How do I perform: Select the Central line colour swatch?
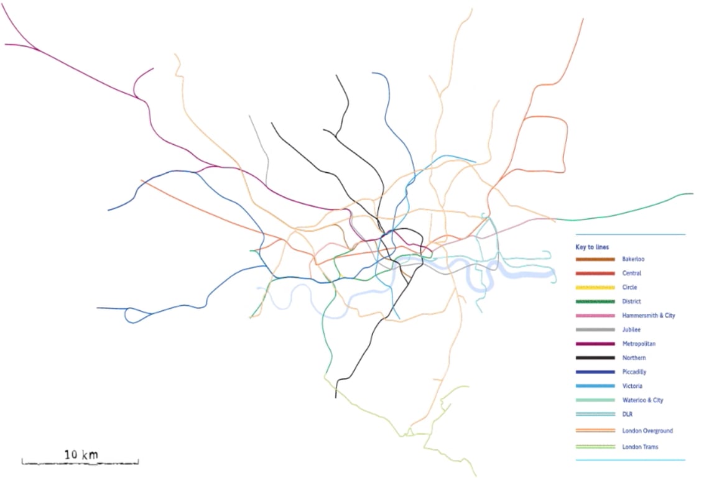point(595,273)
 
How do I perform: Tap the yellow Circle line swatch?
point(595,287)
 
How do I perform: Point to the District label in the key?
point(632,301)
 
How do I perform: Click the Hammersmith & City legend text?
point(648,316)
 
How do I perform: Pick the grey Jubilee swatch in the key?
point(595,329)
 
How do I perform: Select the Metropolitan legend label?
point(637,344)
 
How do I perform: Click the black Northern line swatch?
point(595,358)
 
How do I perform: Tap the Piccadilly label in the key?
point(634,372)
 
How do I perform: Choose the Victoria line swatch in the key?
point(595,386)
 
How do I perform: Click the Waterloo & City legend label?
point(642,400)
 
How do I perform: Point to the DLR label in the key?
point(628,415)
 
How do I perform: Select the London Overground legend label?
point(647,431)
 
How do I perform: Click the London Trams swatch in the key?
point(595,447)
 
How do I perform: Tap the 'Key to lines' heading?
point(592,247)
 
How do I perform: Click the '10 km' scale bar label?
point(81,455)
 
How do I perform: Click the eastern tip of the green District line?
point(692,194)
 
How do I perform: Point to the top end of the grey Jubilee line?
point(249,116)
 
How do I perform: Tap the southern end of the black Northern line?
point(336,397)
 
